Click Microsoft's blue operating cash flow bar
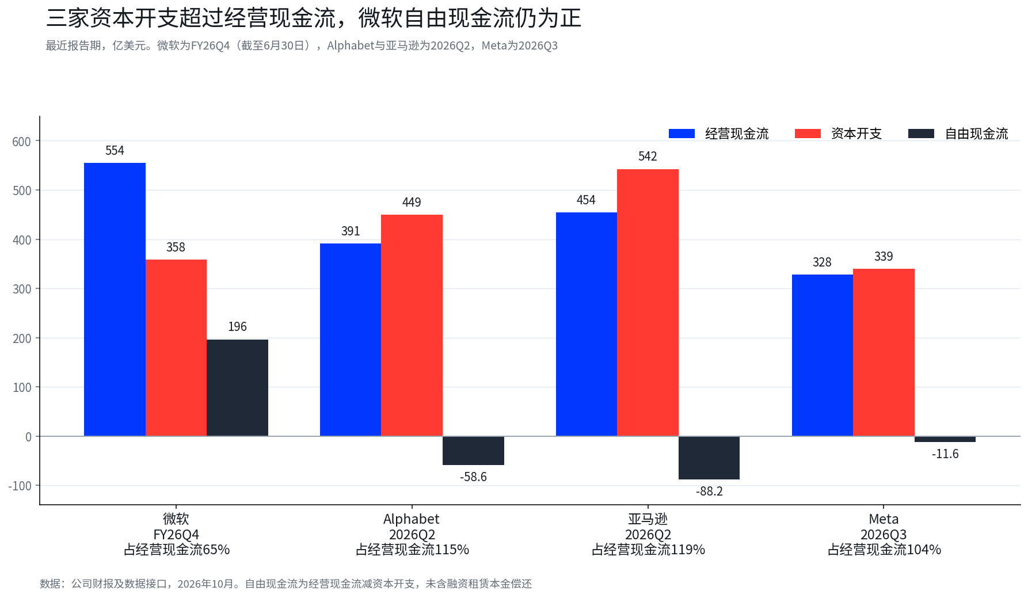point(115,299)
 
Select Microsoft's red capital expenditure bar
point(176,348)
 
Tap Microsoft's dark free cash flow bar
point(237,388)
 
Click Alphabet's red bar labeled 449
point(412,325)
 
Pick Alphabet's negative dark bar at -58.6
point(473,451)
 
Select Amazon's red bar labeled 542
point(648,303)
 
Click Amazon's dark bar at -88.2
point(709,458)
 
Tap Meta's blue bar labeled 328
point(823,355)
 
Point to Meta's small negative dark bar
point(945,439)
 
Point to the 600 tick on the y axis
point(22,142)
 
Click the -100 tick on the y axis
point(20,486)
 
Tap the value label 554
point(115,151)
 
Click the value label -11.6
point(945,454)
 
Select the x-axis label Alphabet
point(412,519)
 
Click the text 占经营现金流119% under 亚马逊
point(648,550)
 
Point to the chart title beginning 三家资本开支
point(314,18)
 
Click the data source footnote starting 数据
point(285,584)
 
